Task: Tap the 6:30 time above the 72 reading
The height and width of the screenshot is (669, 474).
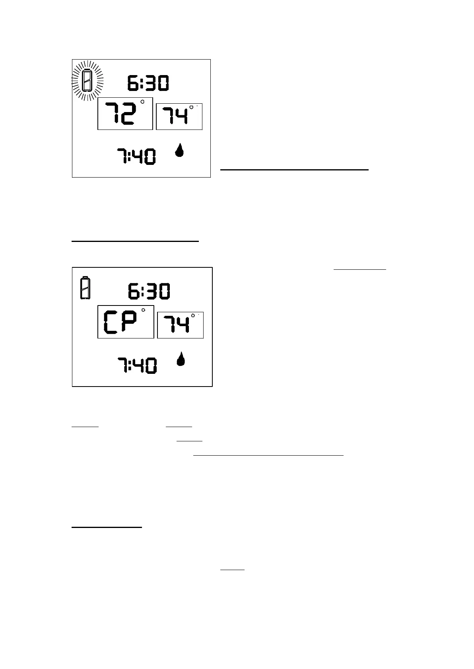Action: coord(148,83)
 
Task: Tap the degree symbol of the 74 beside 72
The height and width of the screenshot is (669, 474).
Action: coord(192,107)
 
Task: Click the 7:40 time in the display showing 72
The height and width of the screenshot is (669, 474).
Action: coord(136,156)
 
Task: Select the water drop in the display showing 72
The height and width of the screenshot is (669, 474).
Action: coord(180,151)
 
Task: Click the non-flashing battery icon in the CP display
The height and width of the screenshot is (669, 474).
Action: coord(85,287)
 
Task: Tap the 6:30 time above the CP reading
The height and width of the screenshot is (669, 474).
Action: coord(149,291)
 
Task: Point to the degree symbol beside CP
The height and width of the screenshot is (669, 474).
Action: coord(143,310)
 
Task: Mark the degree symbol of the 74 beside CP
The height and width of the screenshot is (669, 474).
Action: coord(193,315)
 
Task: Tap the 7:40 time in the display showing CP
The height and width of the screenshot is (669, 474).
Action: coord(137,365)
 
